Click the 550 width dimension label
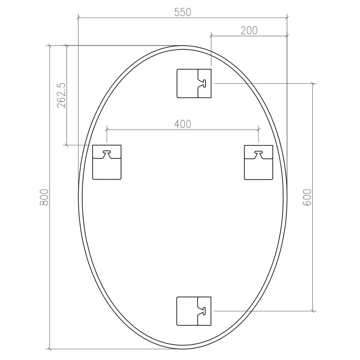pyautogui.click(x=183, y=12)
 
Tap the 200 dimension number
pyautogui.click(x=249, y=30)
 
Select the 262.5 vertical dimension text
pyautogui.click(x=62, y=95)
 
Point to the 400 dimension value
pyautogui.click(x=182, y=124)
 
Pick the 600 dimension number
pyautogui.click(x=307, y=197)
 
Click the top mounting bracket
pyautogui.click(x=194, y=83)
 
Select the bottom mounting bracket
pyautogui.click(x=194, y=310)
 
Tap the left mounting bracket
pyautogui.click(x=107, y=162)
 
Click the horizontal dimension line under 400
pyautogui.click(x=182, y=130)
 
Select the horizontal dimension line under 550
pyautogui.click(x=183, y=18)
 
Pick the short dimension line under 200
pyautogui.click(x=249, y=36)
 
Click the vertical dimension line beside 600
pyautogui.click(x=314, y=197)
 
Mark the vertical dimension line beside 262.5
pyautogui.click(x=67, y=95)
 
